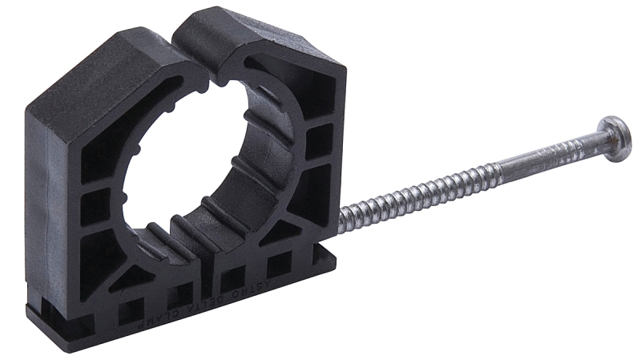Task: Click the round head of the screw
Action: coord(615,137)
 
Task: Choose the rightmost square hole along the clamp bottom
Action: coord(279,264)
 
